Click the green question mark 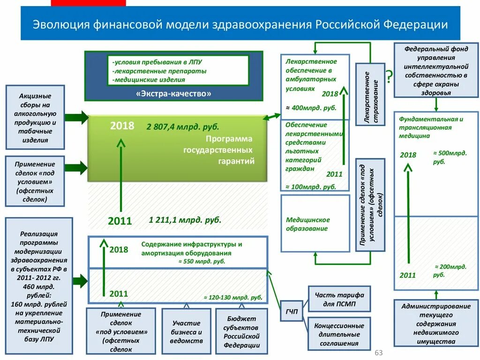(x=389, y=76)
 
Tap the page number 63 (x=379, y=352)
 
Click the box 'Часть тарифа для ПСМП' (x=339, y=299)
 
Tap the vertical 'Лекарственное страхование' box (x=370, y=95)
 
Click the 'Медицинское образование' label (x=308, y=224)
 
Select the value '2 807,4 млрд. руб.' (x=183, y=127)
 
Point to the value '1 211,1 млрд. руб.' (x=185, y=219)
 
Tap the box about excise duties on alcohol (x=35, y=118)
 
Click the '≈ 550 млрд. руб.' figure (x=202, y=262)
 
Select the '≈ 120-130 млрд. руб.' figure (x=232, y=297)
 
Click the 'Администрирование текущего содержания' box (x=436, y=323)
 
